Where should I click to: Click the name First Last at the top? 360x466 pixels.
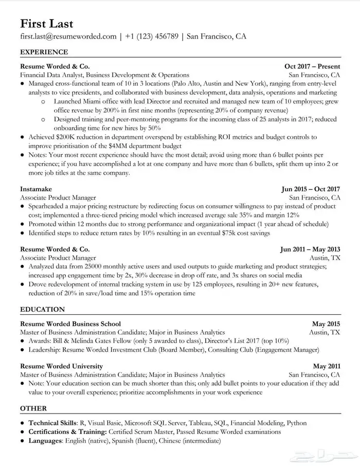[46, 24]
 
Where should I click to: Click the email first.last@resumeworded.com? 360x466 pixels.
[68, 37]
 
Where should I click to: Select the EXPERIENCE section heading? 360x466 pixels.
[44, 52]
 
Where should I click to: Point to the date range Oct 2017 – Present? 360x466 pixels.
[312, 66]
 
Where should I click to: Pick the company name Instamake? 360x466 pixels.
[37, 189]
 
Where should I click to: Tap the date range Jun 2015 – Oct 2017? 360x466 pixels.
[311, 189]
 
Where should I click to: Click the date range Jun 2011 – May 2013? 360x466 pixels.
[310, 249]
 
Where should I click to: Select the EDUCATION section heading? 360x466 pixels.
[42, 310]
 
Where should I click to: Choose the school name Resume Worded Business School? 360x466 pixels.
[70, 324]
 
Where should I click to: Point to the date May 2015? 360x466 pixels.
[326, 324]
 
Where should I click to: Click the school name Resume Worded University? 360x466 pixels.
[61, 366]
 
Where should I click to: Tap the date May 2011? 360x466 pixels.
[326, 366]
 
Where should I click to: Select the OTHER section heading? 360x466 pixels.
[33, 408]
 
